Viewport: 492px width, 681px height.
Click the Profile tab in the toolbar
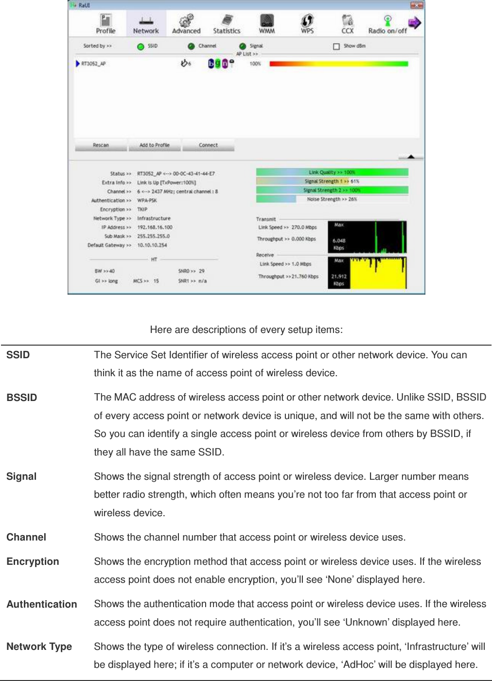tap(105, 24)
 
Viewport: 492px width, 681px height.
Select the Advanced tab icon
tap(186, 24)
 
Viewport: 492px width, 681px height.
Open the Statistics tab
tap(227, 24)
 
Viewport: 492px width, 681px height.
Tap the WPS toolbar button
tap(307, 24)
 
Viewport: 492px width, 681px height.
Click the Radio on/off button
tap(387, 24)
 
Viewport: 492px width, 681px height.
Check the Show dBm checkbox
tap(336, 46)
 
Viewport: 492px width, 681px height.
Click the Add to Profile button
tap(155, 145)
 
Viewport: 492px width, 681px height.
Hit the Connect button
tap(208, 145)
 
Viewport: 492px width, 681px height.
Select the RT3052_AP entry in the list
tap(93, 64)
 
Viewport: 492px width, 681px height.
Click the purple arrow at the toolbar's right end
tap(414, 23)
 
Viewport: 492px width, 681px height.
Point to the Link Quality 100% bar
tap(332, 172)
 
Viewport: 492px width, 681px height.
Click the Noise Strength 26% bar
tap(332, 199)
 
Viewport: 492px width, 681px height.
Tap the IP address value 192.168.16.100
tap(155, 227)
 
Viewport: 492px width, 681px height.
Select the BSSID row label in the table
tap(22, 398)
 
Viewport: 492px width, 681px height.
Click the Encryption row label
tap(33, 561)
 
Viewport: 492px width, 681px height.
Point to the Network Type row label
tap(39, 646)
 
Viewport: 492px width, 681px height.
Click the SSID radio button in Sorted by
tap(141, 47)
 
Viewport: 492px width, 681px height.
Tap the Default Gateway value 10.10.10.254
tap(152, 245)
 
